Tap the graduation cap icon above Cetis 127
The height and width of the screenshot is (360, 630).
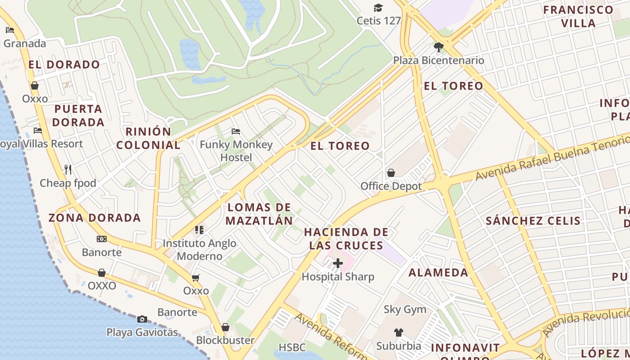378,8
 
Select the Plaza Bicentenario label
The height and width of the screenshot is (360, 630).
438,60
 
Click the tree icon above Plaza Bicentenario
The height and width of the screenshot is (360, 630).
438,47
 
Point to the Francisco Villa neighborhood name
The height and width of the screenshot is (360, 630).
578,17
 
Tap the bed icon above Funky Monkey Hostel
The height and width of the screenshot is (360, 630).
236,131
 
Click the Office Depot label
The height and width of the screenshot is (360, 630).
391,186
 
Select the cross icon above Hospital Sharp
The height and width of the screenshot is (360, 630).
337,263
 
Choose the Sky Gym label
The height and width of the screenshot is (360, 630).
405,310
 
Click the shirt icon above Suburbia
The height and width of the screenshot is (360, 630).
398,333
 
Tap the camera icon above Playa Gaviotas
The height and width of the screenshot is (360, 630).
142,319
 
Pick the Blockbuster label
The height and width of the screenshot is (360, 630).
225,340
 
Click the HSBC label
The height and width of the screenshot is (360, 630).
292,347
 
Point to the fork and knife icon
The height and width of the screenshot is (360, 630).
68,170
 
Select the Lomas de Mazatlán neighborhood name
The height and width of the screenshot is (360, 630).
260,214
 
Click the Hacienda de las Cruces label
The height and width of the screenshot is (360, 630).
346,238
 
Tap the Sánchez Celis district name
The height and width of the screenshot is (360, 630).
533,220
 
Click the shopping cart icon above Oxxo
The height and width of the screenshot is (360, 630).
195,278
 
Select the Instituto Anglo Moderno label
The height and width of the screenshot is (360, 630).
199,250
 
